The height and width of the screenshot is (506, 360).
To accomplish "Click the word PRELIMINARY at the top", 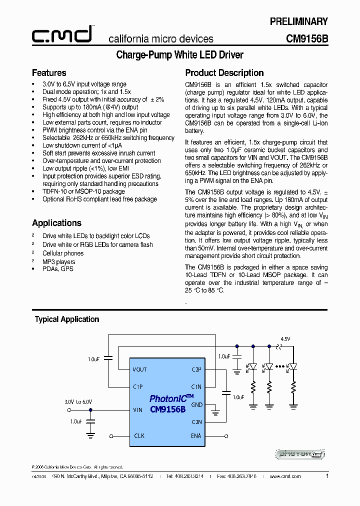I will click(x=299, y=21).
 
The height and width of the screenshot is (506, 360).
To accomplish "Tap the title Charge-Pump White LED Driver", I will click(x=179, y=54).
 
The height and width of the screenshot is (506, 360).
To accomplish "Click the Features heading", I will click(x=49, y=73).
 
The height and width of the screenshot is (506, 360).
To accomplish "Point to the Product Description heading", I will click(x=224, y=73).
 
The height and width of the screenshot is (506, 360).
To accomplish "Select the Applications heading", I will click(x=56, y=223).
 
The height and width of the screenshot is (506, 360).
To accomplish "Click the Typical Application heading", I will click(x=67, y=319).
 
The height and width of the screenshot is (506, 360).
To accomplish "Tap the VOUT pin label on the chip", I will click(x=139, y=369).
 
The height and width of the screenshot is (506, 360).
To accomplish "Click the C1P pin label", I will click(x=138, y=386).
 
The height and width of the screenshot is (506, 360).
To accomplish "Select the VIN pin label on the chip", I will click(x=137, y=410).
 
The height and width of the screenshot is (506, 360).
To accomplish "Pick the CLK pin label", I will click(x=139, y=436).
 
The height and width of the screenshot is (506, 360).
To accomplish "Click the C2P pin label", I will click(x=196, y=369).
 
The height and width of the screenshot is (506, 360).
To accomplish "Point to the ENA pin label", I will click(x=195, y=436).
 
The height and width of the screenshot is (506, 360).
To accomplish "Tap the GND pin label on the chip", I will click(x=196, y=404).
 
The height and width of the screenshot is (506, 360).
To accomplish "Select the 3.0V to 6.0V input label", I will click(x=78, y=401).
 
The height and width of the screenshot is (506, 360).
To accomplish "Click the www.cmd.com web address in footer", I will click(x=285, y=477).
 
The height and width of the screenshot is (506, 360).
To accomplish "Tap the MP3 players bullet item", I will click(x=59, y=261).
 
